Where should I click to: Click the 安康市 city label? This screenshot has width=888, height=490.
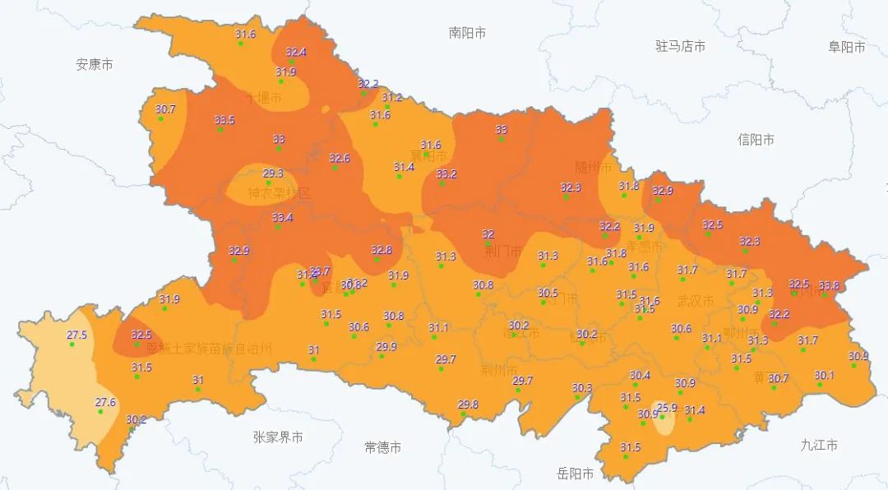click(95, 64)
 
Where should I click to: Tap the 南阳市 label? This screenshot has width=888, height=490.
click(467, 33)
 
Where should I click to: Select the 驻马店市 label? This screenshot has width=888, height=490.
click(680, 46)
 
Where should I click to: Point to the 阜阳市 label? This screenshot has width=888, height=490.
click(846, 47)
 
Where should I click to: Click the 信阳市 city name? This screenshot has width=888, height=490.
click(756, 140)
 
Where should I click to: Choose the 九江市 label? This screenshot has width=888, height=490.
click(819, 445)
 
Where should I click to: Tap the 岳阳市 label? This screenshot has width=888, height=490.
click(576, 474)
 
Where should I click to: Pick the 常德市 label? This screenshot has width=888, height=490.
click(382, 447)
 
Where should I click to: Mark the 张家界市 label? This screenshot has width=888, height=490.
click(278, 437)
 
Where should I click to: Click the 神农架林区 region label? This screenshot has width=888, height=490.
click(280, 194)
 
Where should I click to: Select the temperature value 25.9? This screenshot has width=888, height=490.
click(667, 407)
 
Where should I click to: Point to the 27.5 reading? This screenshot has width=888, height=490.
click(76, 335)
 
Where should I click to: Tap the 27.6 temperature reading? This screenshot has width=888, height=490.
click(105, 402)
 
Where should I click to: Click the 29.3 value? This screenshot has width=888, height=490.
click(273, 173)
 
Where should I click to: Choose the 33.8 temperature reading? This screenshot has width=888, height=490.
click(829, 285)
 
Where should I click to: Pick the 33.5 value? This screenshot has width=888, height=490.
click(224, 120)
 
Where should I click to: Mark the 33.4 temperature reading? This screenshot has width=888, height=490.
click(282, 217)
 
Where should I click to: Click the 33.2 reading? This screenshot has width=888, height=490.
click(446, 173)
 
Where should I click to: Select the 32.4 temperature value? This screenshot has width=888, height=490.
click(296, 52)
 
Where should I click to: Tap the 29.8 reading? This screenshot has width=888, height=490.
click(468, 404)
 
